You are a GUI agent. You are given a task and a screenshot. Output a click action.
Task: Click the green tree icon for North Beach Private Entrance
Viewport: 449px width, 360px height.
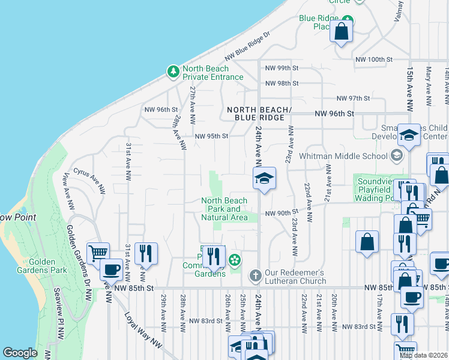tap(173, 72)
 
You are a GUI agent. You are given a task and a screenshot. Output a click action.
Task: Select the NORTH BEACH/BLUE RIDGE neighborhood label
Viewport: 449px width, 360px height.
tap(259, 113)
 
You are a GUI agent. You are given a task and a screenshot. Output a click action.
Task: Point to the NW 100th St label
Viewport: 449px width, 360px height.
tap(373, 59)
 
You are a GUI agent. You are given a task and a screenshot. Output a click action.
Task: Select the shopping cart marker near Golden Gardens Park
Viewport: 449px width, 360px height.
tap(98, 253)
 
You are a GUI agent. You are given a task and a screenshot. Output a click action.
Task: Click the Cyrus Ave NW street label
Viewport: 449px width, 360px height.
tap(89, 174)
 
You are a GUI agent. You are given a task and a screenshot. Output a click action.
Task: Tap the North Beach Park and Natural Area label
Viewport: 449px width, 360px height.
tap(224, 209)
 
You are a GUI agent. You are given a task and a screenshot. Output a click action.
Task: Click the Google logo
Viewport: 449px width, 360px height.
tap(20, 353)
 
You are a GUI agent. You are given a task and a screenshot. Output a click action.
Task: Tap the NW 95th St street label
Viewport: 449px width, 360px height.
tap(212, 136)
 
